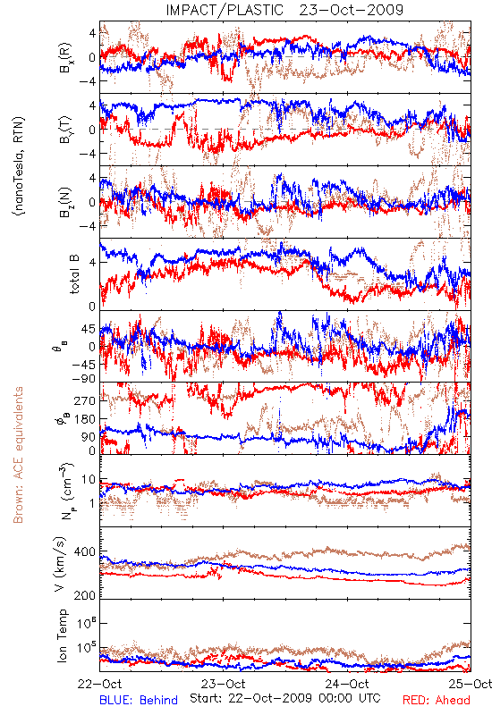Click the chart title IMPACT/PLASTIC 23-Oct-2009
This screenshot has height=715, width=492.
click(284, 10)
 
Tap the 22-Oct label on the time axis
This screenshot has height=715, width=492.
click(100, 684)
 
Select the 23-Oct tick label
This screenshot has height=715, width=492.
click(224, 684)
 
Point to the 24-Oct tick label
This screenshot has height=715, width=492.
click(347, 684)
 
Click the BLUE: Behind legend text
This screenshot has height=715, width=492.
click(139, 700)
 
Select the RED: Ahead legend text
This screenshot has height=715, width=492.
click(436, 700)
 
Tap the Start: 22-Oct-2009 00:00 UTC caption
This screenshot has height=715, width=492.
click(284, 698)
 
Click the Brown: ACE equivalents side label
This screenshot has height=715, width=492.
click(18, 455)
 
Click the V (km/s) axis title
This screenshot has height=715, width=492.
click(60, 563)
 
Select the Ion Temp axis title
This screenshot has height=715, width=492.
click(62, 635)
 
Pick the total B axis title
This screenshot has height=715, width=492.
click(74, 274)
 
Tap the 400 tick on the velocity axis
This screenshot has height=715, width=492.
click(84, 551)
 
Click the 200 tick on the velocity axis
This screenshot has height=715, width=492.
click(84, 595)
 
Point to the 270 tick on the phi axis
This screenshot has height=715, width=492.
click(85, 400)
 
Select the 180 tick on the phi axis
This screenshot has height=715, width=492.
click(85, 419)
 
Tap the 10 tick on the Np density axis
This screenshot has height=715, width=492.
click(89, 480)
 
